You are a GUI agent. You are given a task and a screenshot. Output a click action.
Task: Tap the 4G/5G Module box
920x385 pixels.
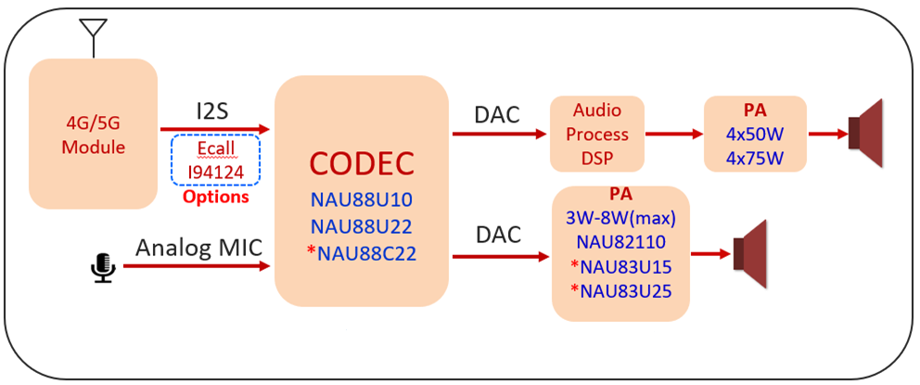(93, 135)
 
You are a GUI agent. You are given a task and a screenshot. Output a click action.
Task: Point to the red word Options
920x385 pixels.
(215, 197)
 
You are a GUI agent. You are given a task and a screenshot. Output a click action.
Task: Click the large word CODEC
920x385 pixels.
(361, 163)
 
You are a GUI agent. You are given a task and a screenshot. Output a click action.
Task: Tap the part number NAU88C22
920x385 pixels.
(364, 252)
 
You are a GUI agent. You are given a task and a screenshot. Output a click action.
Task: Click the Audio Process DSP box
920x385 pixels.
(596, 135)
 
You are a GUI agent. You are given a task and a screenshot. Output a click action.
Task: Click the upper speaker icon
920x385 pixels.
(868, 135)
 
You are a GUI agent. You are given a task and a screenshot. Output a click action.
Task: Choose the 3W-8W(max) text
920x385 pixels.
(620, 219)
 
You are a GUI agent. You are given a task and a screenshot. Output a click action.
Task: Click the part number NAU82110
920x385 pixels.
(620, 243)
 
